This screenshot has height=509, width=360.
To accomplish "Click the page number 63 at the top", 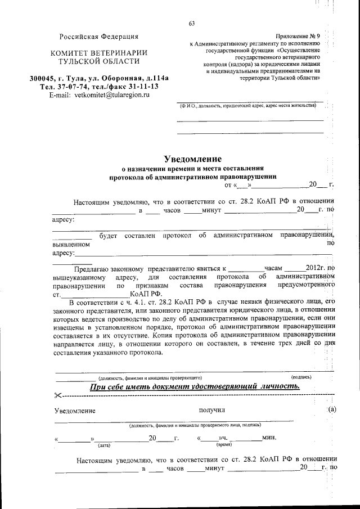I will click(x=191, y=23).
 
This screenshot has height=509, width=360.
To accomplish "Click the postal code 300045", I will click(x=46, y=78).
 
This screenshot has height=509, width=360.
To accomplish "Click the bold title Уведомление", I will click(x=192, y=159).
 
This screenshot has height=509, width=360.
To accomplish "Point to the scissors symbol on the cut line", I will click(x=58, y=396).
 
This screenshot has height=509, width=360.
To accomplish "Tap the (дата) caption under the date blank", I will click(x=104, y=445).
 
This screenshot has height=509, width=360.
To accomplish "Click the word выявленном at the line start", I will click(x=71, y=245).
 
